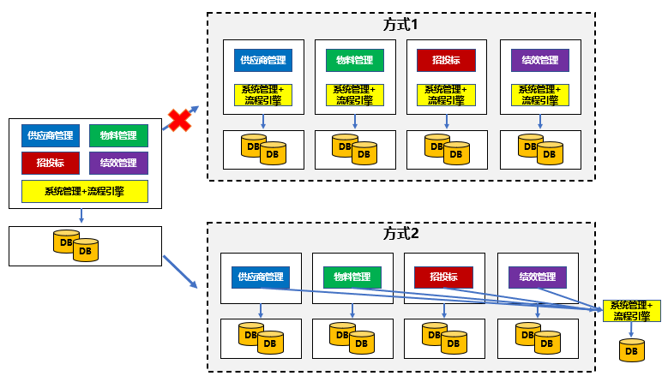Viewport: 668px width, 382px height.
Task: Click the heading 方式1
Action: point(400,25)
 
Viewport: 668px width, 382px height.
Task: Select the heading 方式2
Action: point(400,233)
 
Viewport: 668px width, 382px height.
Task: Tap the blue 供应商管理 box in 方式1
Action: point(263,61)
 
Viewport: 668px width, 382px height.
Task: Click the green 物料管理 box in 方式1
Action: point(355,61)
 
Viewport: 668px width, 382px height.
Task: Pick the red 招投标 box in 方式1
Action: point(446,61)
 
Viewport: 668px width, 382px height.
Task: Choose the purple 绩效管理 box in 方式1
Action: point(540,61)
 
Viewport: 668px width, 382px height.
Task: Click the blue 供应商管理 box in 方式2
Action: point(261,277)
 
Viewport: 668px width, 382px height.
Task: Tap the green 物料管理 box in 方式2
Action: point(352,278)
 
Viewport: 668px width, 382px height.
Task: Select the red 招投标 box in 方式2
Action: point(443,278)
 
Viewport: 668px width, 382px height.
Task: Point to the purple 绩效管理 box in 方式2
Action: point(538,278)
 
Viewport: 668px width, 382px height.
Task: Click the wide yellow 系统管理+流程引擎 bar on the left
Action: point(85,191)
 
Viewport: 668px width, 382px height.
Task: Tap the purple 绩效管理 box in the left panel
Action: point(118,163)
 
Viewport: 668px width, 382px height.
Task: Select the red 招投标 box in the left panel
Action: point(51,163)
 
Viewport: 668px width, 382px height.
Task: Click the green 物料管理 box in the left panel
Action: point(118,135)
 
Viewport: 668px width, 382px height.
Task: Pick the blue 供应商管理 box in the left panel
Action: point(51,135)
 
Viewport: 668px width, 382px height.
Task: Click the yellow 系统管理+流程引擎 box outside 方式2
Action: point(632,311)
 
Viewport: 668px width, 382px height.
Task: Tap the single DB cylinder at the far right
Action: point(632,350)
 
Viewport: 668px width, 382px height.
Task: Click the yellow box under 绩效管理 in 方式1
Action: point(540,94)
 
